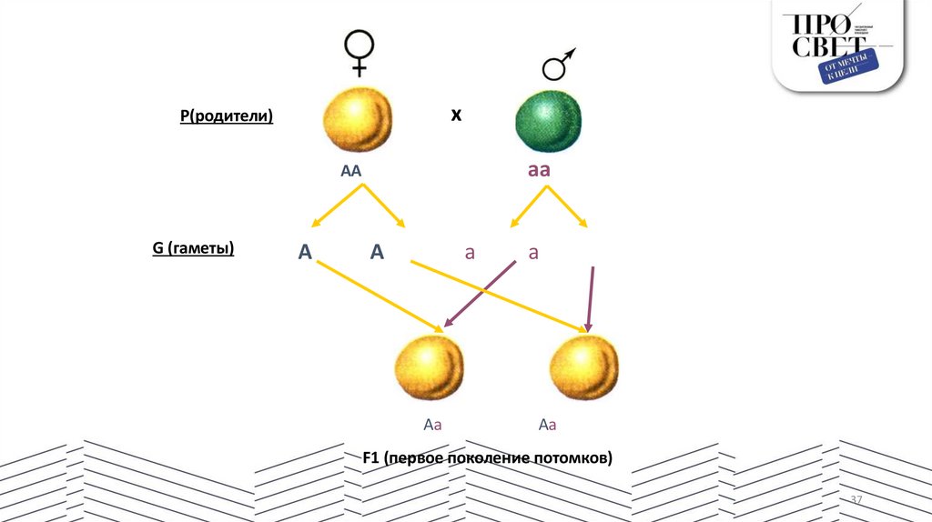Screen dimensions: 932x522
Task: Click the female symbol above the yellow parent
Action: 360,53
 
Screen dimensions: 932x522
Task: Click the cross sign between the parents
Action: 457,115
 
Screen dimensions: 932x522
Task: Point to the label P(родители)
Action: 227,116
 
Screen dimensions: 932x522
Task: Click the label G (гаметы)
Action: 193,247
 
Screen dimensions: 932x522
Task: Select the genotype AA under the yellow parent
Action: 351,171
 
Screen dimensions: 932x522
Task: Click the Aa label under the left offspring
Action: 432,424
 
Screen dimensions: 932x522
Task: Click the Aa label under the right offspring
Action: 547,424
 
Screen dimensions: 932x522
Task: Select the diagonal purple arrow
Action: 481,293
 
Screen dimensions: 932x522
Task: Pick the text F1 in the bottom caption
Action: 370,458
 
